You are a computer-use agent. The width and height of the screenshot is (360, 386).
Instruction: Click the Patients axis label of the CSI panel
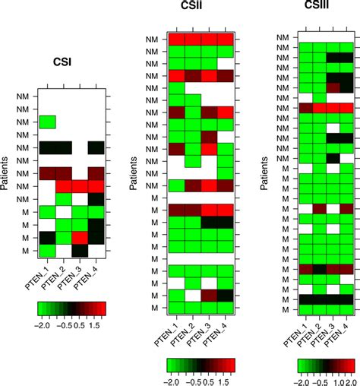point(8,177)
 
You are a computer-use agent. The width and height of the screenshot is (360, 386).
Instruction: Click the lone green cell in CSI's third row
point(47,122)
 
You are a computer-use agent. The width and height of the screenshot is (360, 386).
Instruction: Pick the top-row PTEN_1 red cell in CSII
point(176,40)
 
